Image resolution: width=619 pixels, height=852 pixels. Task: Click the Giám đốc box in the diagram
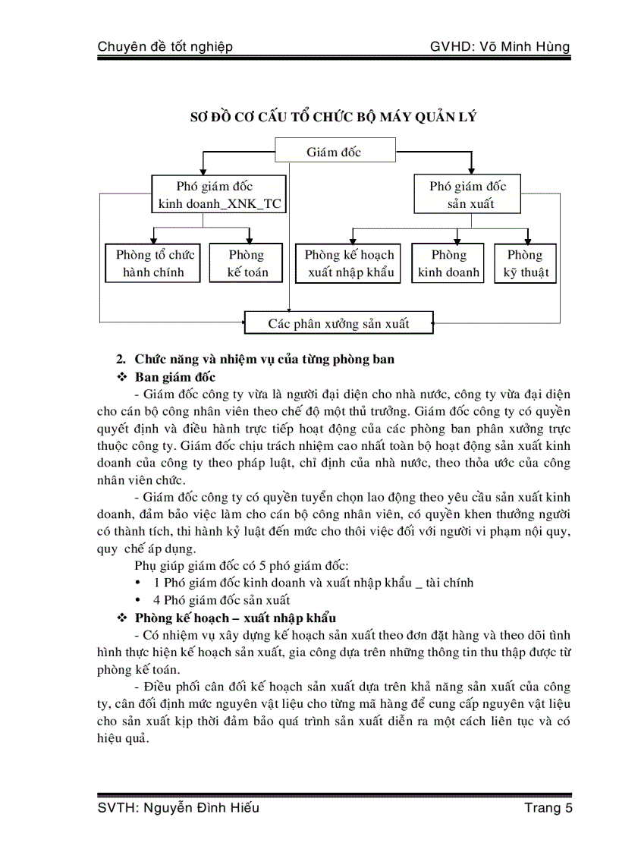click(x=334, y=152)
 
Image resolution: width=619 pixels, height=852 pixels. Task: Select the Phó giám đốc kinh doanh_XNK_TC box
click(x=219, y=195)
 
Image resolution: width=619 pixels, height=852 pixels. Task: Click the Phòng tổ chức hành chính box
click(x=154, y=263)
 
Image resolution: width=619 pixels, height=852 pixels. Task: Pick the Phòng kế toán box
click(x=247, y=263)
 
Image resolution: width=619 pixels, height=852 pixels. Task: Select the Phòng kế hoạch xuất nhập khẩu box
click(x=350, y=263)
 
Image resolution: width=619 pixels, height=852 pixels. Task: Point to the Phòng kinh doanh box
click(x=448, y=263)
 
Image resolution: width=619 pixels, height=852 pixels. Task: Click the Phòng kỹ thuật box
click(x=525, y=263)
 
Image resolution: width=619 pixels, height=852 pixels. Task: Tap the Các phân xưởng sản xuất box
click(x=338, y=323)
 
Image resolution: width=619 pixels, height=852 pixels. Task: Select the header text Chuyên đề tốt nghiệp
click(x=165, y=47)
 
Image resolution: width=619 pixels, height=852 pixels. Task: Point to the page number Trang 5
click(x=548, y=807)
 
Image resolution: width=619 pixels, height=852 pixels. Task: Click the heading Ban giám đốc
click(x=175, y=377)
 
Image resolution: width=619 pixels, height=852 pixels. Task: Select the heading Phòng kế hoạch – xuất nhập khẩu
click(x=236, y=618)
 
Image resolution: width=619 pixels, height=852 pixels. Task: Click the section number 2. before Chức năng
click(x=120, y=359)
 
